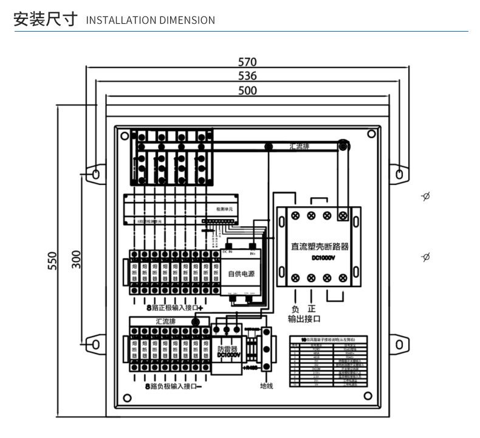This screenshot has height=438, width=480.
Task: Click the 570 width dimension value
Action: pos(247,62)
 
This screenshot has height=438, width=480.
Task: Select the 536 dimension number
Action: pos(247,76)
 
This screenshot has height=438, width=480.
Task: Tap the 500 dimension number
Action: pos(247,91)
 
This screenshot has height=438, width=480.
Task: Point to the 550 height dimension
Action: pos(52,262)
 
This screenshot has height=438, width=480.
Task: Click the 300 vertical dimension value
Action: pos(76,259)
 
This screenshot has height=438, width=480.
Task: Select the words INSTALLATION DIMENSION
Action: pos(151,20)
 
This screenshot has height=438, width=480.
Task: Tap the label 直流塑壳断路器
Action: pos(320,246)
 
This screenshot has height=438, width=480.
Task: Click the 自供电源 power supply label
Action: pos(241,274)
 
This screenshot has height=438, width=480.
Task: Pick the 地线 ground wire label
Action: pos(266,385)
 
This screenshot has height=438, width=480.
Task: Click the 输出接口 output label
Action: pos(304,319)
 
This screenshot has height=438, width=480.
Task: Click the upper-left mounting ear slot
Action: pos(95,175)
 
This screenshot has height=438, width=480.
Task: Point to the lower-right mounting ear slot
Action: pos(399,344)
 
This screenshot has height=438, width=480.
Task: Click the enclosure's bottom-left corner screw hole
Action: pos(127,398)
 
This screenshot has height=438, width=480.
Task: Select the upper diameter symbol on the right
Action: pos(425,196)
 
